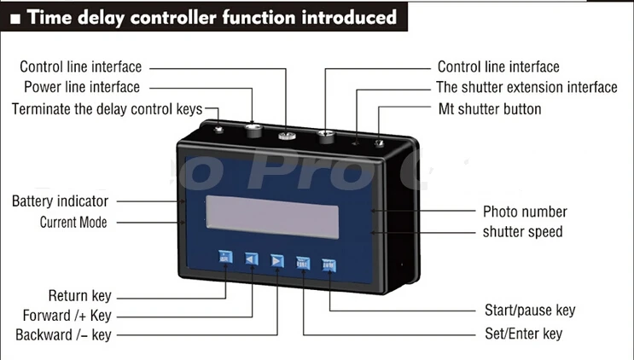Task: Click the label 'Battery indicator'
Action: click(x=60, y=201)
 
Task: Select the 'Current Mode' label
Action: click(x=73, y=223)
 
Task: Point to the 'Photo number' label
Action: click(x=525, y=212)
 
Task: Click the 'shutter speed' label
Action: click(x=522, y=231)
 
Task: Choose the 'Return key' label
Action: click(x=80, y=296)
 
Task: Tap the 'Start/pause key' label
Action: click(x=530, y=310)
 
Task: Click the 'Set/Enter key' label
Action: click(x=523, y=334)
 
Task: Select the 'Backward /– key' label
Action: click(x=63, y=334)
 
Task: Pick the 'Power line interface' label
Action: click(x=82, y=87)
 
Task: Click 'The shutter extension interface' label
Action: click(x=526, y=87)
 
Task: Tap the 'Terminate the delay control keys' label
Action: click(x=107, y=109)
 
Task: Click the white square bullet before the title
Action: click(x=15, y=18)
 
